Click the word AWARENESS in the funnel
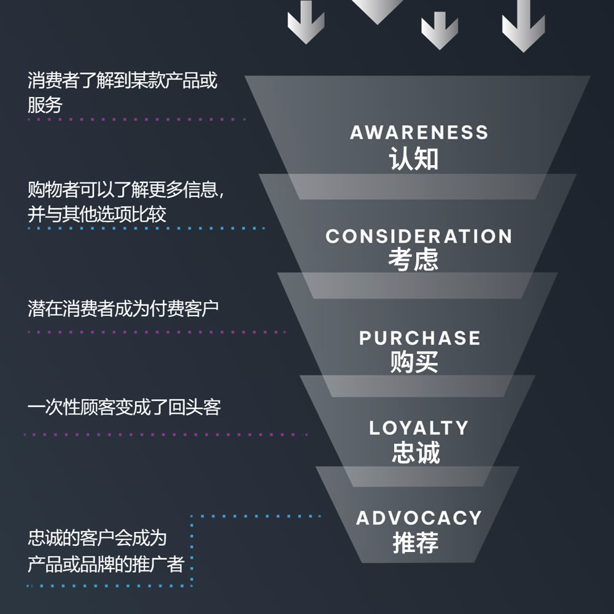[x=419, y=133]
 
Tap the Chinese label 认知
[x=413, y=158]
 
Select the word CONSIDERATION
[x=419, y=236]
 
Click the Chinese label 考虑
[x=413, y=259]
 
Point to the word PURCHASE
[x=419, y=338]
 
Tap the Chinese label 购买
[x=414, y=362]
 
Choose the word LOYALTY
[x=419, y=427]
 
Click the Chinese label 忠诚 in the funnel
[x=416, y=453]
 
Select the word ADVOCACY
[x=419, y=518]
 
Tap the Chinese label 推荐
[x=416, y=542]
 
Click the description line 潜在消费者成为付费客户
[x=123, y=309]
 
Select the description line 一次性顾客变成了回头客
[x=124, y=407]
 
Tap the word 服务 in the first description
[x=45, y=105]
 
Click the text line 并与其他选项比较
[x=97, y=214]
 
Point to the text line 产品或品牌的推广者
[x=106, y=564]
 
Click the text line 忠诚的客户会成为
[x=97, y=538]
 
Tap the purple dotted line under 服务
[x=137, y=120]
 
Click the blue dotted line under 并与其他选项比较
[x=147, y=228]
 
